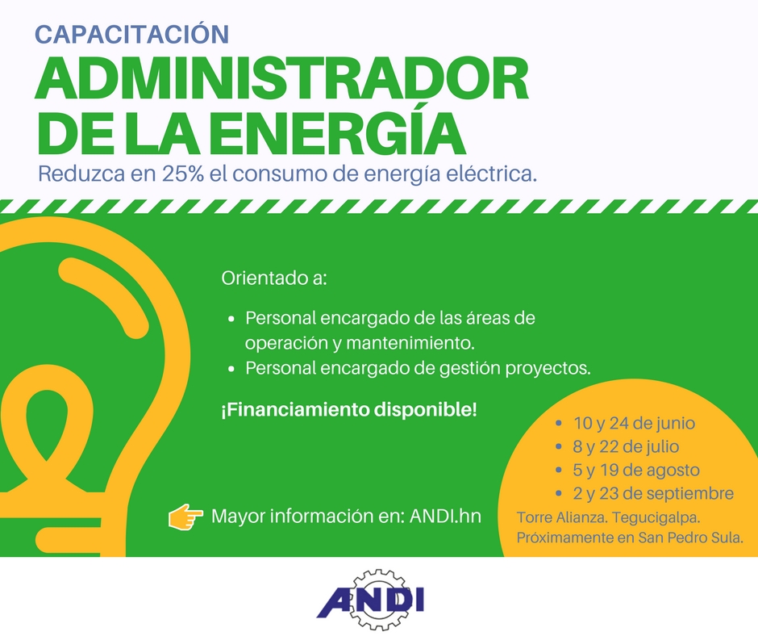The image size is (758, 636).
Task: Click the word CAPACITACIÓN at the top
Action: tap(132, 34)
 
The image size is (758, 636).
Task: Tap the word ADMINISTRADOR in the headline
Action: tap(282, 79)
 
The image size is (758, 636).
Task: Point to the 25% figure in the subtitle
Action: tap(183, 174)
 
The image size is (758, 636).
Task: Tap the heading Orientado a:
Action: tap(274, 278)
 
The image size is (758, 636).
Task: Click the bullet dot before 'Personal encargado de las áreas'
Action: tap(231, 320)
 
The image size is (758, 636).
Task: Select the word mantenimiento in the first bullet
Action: tap(410, 343)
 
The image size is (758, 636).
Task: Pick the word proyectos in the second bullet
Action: tap(548, 369)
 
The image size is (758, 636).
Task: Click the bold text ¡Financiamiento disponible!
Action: tap(349, 410)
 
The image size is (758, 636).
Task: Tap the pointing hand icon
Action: tap(185, 517)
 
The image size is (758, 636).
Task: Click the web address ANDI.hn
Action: tap(445, 516)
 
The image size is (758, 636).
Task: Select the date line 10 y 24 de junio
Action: tap(635, 423)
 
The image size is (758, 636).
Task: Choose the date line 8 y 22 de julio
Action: tap(626, 446)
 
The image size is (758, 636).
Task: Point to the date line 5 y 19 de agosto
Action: tap(636, 470)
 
